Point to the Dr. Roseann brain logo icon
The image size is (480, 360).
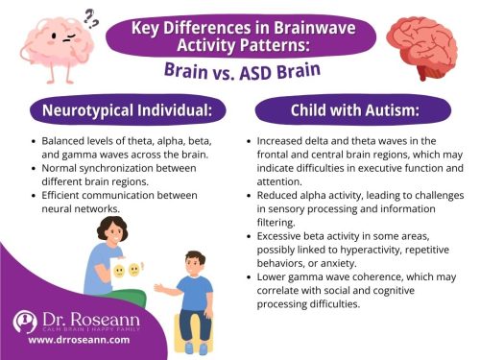tap(26, 324)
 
